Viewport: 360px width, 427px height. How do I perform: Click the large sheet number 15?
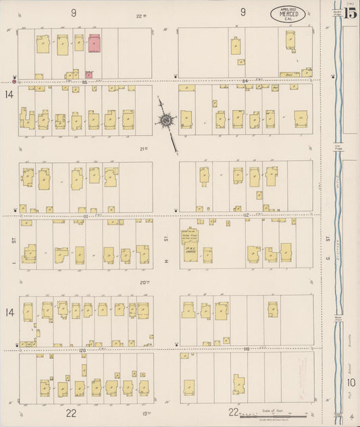(x=350, y=12)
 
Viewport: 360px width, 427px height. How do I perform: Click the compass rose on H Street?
(x=166, y=121)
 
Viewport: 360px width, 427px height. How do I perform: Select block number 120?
(x=82, y=351)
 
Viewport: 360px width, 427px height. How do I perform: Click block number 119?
(x=246, y=349)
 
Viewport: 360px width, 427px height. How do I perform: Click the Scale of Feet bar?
(x=273, y=416)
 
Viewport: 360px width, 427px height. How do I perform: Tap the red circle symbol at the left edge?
(x=14, y=82)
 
